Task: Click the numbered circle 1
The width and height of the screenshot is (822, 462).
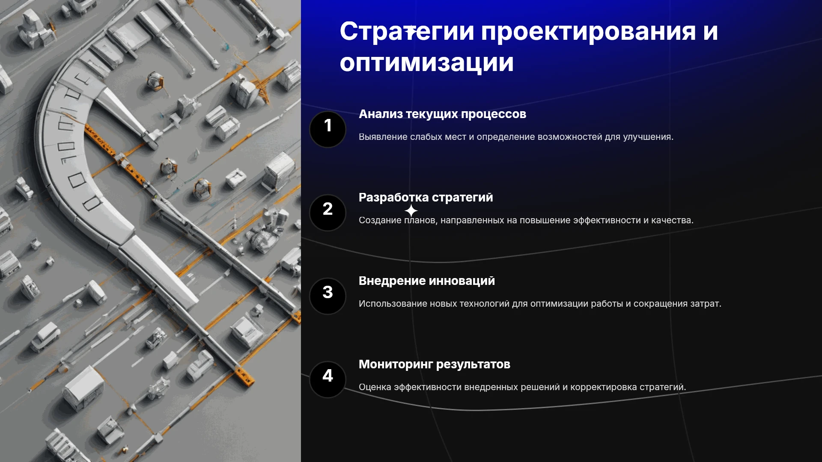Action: (x=328, y=129)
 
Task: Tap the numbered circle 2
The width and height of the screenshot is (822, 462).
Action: (x=328, y=213)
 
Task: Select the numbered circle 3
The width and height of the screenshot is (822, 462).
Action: (x=328, y=296)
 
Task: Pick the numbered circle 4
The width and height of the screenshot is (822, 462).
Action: (x=328, y=379)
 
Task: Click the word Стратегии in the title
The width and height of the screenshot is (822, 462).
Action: (x=407, y=32)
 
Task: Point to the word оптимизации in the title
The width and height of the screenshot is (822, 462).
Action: (x=426, y=63)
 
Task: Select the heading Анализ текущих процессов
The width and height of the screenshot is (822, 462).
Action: (x=442, y=114)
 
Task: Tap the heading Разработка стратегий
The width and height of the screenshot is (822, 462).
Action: (x=426, y=198)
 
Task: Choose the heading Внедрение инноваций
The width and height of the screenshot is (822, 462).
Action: (x=426, y=281)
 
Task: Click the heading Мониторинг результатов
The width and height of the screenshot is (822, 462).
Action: (x=434, y=364)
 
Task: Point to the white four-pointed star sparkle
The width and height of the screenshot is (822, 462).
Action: (x=411, y=210)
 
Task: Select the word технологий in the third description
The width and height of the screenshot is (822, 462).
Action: (x=479, y=304)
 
